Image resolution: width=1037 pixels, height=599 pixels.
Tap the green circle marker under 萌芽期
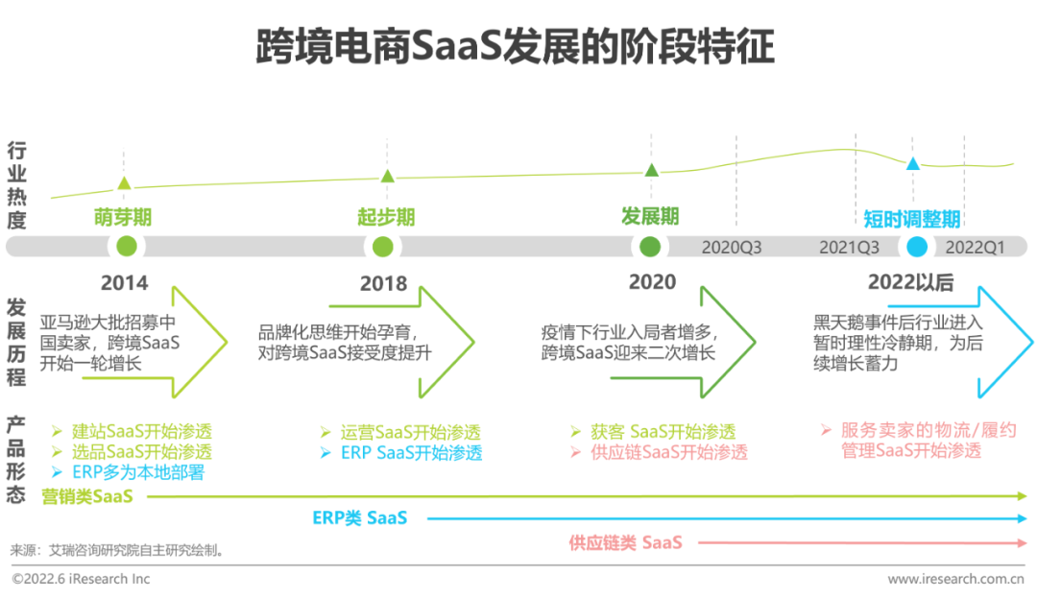(126, 247)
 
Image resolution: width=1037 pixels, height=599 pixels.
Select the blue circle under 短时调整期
(917, 247)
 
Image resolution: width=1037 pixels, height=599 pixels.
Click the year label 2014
(125, 283)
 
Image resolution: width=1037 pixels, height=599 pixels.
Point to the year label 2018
(384, 284)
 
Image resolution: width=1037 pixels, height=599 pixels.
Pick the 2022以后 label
(910, 282)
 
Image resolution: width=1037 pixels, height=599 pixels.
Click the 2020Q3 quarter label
(731, 247)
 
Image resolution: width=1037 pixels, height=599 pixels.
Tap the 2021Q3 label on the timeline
(849, 247)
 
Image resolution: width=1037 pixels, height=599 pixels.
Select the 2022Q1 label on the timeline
(975, 247)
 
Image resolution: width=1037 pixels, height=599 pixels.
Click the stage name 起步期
(386, 217)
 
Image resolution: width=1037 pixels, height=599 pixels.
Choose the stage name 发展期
(650, 215)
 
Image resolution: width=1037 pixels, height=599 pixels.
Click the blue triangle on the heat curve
(913, 164)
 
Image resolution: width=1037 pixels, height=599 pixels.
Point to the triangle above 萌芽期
(124, 183)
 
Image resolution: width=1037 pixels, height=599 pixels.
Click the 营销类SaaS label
(87, 496)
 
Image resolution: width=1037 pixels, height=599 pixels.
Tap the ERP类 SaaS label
(360, 518)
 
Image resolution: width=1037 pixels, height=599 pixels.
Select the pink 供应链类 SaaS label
(625, 543)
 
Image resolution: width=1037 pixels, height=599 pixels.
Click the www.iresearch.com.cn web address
(955, 579)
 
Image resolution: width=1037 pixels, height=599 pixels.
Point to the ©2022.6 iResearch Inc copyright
(81, 579)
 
